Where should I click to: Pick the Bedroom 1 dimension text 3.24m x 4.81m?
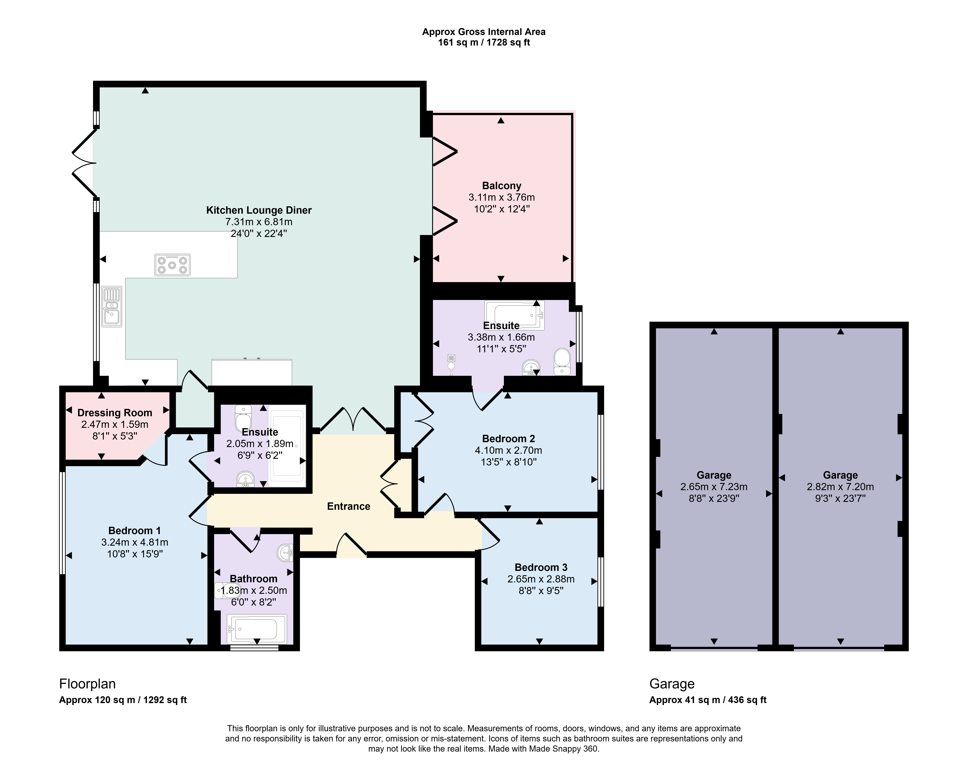click(135, 542)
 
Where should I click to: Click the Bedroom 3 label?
click(541, 567)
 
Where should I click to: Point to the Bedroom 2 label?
click(509, 438)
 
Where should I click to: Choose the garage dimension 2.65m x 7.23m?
click(714, 486)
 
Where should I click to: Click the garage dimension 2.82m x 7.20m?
click(840, 486)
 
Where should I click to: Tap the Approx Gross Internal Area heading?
click(484, 32)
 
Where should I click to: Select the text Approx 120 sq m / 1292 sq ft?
click(123, 700)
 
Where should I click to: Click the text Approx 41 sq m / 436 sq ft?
click(708, 700)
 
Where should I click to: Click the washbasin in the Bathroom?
click(286, 553)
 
